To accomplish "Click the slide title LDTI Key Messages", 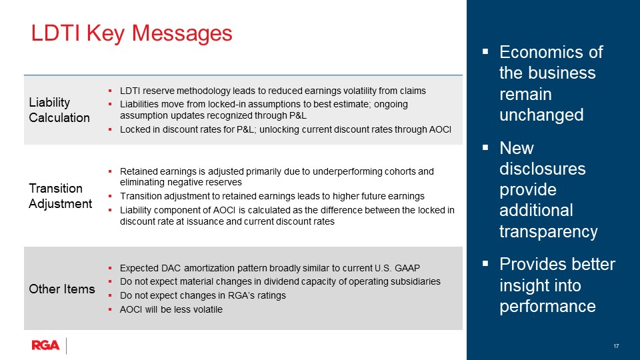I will tap(132, 33).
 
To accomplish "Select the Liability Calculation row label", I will tap(59, 110).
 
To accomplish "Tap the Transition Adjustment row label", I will tap(60, 196).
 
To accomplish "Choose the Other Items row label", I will tap(61, 289).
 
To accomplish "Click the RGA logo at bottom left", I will tap(45, 345).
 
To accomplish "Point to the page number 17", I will tap(616, 346).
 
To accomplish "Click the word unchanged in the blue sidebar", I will tap(541, 115).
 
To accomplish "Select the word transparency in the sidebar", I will tap(548, 231).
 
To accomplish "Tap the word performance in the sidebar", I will tap(547, 306).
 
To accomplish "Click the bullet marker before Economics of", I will tap(485, 51).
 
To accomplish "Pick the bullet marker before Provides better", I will tap(485, 265).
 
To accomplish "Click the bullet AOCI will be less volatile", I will tap(171, 309).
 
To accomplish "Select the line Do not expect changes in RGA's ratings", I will tap(203, 295).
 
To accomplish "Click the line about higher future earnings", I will tap(272, 196).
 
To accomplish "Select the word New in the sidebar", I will tap(517, 147).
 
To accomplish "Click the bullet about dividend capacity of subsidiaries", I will tap(280, 281).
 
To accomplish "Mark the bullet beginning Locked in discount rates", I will tap(285, 129).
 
